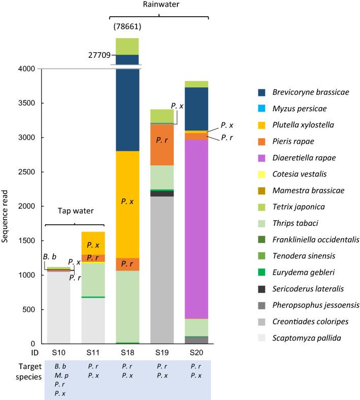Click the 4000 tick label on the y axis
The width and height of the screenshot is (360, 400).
tap(26, 69)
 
